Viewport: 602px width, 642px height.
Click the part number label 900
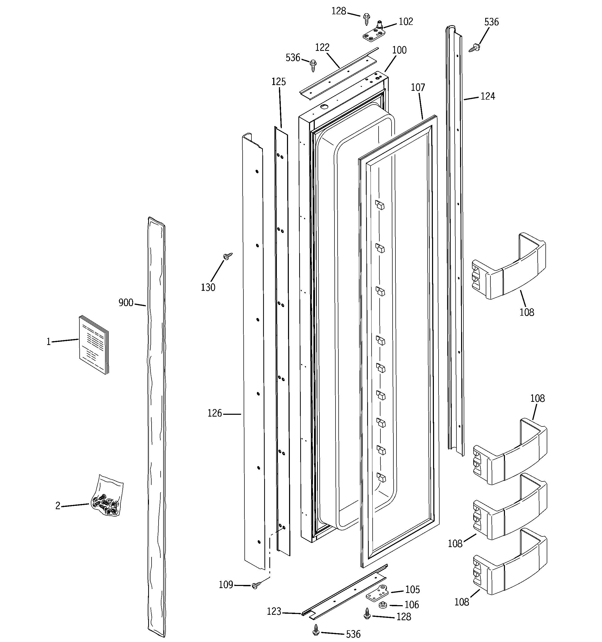(x=126, y=303)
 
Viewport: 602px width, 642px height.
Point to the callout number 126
(x=215, y=413)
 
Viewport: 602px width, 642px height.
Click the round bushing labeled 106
(x=383, y=605)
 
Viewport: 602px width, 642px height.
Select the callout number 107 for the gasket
(x=418, y=87)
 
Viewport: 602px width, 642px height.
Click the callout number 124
(x=488, y=96)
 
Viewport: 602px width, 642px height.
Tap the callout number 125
(x=278, y=82)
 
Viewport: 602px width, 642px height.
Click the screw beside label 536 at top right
(x=474, y=48)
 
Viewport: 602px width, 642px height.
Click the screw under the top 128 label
(x=366, y=19)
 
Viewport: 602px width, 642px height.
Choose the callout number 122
(x=322, y=47)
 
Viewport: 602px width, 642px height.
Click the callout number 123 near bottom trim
(x=274, y=611)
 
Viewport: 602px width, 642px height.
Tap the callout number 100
(x=399, y=50)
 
